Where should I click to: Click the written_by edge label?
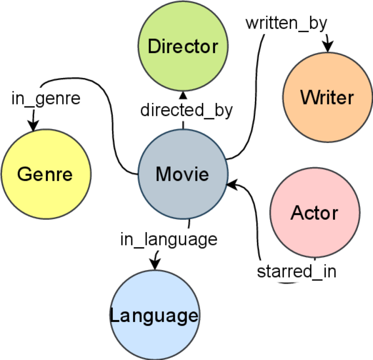(x=286, y=23)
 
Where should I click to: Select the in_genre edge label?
(x=46, y=98)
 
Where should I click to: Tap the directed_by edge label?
(x=186, y=110)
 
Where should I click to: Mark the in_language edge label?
(x=168, y=239)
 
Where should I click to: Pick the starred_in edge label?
(x=297, y=271)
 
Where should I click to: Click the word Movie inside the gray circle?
(x=182, y=174)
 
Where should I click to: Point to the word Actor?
(x=314, y=212)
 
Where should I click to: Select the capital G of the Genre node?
(x=24, y=174)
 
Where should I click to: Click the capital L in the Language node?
(x=114, y=316)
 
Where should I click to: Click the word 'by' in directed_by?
(x=222, y=111)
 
